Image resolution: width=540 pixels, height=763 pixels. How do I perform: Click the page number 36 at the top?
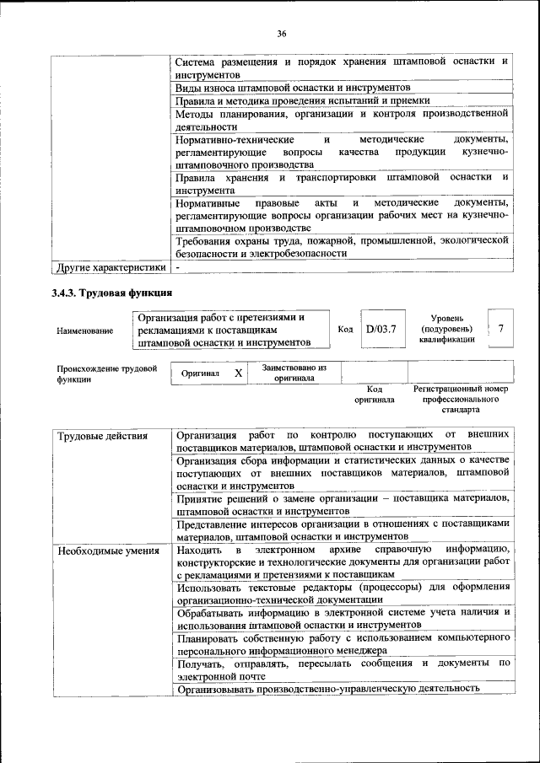(282, 34)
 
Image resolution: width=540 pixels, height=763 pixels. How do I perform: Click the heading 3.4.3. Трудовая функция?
(112, 293)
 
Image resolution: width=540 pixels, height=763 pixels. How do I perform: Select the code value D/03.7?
(381, 329)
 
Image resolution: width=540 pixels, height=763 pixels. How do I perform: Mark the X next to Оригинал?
(238, 373)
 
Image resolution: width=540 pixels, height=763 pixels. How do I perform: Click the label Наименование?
(85, 330)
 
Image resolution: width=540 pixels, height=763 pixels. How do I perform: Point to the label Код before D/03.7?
(345, 329)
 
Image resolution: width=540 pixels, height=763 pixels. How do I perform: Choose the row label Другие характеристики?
(111, 268)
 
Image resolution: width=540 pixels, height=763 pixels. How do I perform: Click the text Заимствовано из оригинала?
(294, 373)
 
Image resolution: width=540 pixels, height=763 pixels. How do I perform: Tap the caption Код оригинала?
(375, 395)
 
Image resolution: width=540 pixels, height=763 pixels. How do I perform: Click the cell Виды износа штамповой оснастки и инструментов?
(293, 88)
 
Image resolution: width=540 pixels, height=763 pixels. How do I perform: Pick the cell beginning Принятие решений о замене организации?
(342, 505)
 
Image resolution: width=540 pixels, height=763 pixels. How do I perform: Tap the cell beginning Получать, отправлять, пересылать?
(342, 669)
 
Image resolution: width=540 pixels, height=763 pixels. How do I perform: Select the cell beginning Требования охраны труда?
(342, 246)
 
